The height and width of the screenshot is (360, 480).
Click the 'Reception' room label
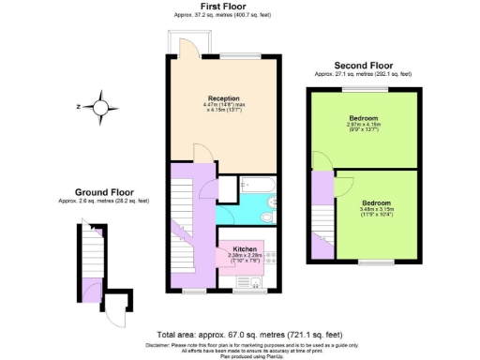[x=223, y=97]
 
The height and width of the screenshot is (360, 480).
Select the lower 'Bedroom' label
[x=376, y=202]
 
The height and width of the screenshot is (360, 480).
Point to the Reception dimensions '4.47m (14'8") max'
[x=223, y=104]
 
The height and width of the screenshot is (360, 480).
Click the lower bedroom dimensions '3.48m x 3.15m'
[x=376, y=209]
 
